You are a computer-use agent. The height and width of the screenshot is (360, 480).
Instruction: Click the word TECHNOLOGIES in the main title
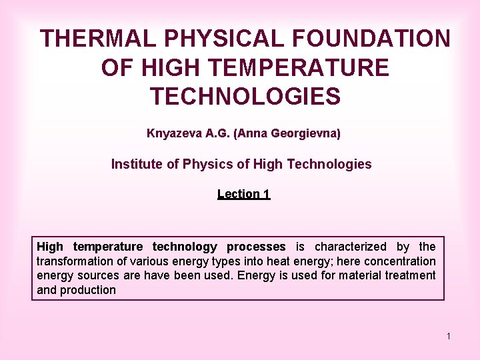tap(245, 96)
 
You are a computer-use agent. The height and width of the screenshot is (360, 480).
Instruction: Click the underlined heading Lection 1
tap(243, 194)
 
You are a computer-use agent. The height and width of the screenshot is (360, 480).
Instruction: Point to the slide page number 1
tap(449, 336)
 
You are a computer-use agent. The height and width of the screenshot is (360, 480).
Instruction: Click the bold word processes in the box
tap(256, 247)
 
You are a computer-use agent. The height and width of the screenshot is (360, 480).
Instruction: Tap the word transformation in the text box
tap(73, 261)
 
